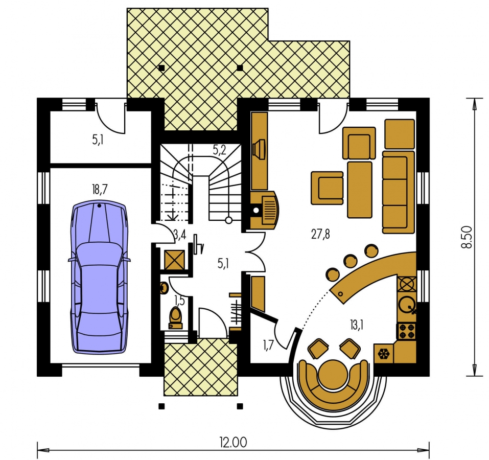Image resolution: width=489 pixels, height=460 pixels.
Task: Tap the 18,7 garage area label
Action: click(100, 189)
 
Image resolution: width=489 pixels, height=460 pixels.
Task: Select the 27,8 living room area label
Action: click(320, 234)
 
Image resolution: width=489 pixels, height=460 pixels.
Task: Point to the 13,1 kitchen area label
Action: click(357, 325)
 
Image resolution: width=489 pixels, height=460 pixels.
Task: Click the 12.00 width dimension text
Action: click(233, 442)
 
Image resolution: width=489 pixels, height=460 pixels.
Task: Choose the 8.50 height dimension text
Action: click(467, 237)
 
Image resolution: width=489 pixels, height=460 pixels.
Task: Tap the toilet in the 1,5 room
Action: click(175, 317)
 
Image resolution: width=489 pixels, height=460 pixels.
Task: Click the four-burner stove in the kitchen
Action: click(407, 332)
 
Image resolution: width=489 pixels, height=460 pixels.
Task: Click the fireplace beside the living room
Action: click(264, 210)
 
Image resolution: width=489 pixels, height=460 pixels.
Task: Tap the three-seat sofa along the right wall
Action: click(398, 192)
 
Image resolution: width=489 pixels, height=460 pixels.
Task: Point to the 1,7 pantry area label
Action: click(268, 346)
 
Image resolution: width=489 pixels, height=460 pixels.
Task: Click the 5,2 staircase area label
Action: click(219, 151)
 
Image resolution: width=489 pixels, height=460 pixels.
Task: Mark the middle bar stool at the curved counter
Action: click(350, 261)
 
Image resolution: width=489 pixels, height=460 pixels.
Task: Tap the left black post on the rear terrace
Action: click(161, 67)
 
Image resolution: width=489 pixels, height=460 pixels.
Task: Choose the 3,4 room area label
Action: click(180, 235)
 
